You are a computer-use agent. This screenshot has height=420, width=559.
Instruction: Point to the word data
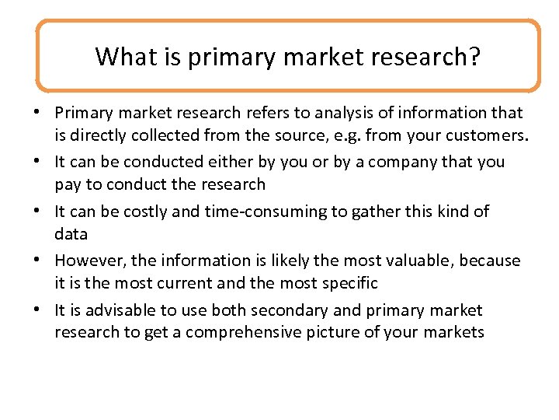pos(71,234)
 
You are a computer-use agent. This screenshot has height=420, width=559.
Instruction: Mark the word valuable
pos(401,261)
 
